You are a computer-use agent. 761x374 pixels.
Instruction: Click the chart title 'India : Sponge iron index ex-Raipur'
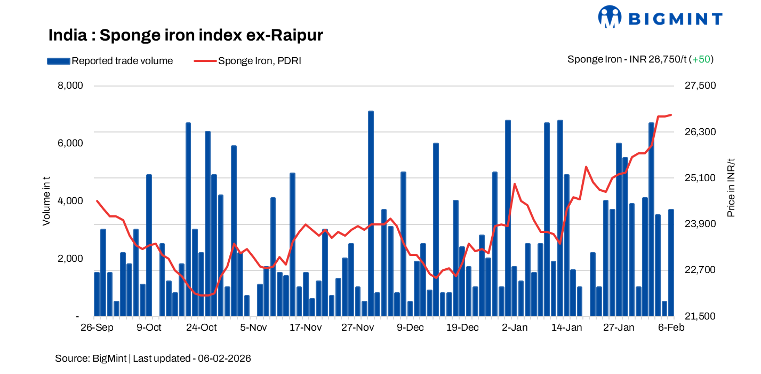point(186,35)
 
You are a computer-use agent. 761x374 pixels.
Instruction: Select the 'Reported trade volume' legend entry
point(110,61)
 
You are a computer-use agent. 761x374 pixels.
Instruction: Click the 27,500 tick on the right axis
point(700,86)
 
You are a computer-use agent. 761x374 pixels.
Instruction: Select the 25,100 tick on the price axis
point(700,178)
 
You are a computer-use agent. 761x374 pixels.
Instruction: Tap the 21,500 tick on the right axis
point(700,316)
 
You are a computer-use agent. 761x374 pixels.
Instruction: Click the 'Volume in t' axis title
point(47,201)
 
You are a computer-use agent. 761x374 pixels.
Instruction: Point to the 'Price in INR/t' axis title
point(731,188)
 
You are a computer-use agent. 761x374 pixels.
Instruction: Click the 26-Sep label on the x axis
point(96,328)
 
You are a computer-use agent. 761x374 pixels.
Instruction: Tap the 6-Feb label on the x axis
point(671,328)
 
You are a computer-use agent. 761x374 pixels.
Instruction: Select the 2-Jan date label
point(515,328)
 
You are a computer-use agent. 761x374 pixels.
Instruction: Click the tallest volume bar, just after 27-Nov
point(371,214)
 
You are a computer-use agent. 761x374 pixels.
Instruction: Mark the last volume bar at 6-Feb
point(671,262)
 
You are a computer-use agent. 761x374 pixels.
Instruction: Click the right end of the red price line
point(671,114)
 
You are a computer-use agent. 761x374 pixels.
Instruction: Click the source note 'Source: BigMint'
point(91,358)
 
